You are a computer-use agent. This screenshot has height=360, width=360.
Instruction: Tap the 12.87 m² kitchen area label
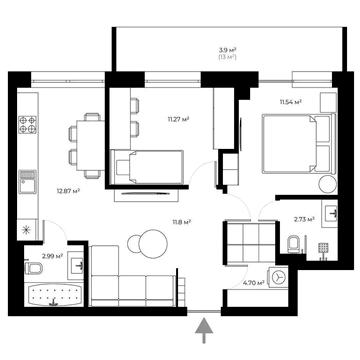point(67,190)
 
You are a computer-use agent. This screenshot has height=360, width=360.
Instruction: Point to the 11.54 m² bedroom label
point(290,102)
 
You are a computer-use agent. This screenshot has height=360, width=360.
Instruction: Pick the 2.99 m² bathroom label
point(40,255)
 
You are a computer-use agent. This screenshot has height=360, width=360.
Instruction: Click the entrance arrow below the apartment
point(206,328)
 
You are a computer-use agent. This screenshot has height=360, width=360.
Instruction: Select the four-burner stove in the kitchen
point(28,127)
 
